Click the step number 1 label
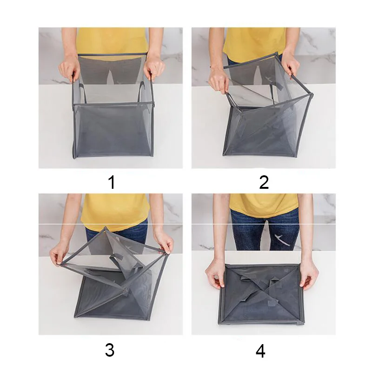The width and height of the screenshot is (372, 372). point(112,182)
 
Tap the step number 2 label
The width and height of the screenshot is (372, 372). point(264,182)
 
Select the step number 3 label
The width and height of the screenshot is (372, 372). point(110,350)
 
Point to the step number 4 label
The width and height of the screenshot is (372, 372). point(260,351)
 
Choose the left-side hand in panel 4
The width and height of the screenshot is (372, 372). point(215,276)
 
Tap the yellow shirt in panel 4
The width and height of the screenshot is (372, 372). point(263,205)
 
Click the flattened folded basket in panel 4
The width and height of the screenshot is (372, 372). point(261,295)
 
